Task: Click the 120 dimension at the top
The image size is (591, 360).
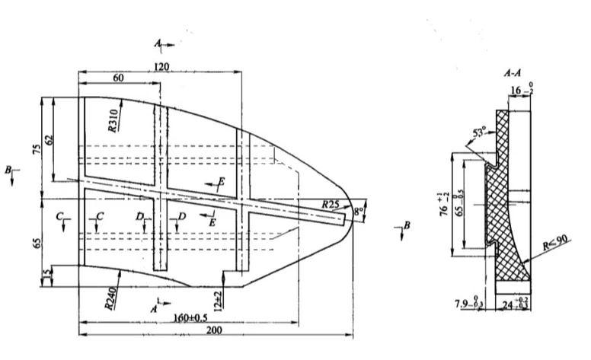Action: click(161, 67)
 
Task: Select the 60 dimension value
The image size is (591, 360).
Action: click(118, 78)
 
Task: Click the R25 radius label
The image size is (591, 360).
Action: click(330, 204)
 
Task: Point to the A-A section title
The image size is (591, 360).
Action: click(514, 75)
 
